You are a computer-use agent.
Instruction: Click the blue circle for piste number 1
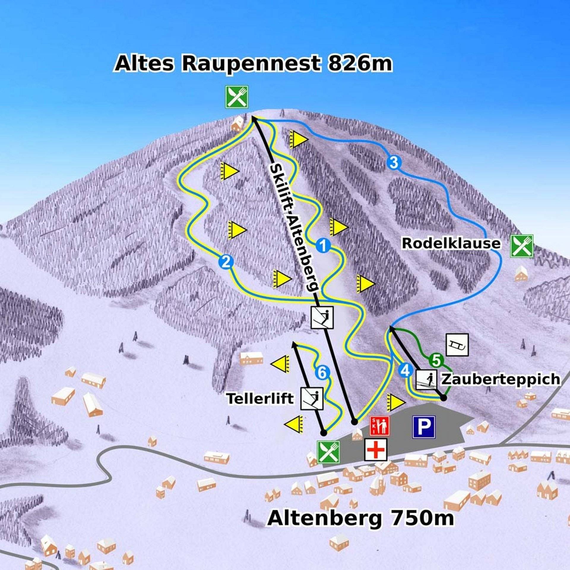(x=323, y=246)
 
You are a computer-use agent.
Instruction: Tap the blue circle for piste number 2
(x=226, y=262)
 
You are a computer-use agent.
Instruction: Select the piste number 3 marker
(x=394, y=162)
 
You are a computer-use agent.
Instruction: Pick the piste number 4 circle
(x=406, y=370)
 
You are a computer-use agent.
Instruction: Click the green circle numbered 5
(x=436, y=360)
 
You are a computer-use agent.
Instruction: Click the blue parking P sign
(x=424, y=427)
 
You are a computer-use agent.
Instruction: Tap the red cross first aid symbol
(x=376, y=449)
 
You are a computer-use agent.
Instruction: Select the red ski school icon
(x=379, y=426)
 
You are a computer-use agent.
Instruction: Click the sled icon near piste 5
(x=457, y=345)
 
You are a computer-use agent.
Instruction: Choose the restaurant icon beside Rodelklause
(x=522, y=246)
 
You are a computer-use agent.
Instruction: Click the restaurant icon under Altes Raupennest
(x=236, y=97)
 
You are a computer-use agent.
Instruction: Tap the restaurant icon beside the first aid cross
(x=328, y=452)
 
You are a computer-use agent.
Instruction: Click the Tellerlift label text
(x=260, y=398)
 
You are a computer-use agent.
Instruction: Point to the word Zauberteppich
(x=501, y=379)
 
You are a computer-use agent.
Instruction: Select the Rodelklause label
(x=451, y=243)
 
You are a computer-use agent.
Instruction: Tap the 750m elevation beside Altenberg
(x=422, y=518)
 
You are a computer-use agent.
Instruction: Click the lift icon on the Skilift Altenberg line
(x=322, y=317)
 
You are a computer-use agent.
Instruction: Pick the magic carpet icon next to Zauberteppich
(x=426, y=380)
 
